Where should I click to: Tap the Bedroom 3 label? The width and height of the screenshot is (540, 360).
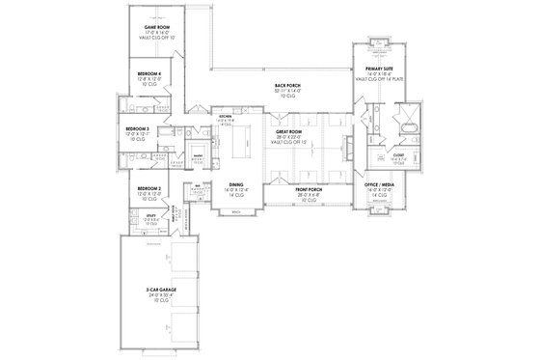(137, 129)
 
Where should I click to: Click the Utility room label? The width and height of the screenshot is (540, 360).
(150, 216)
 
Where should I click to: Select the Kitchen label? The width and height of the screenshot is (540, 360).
(226, 118)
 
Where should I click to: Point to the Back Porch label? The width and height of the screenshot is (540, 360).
(286, 85)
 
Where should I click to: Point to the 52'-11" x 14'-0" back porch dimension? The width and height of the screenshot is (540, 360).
(286, 91)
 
